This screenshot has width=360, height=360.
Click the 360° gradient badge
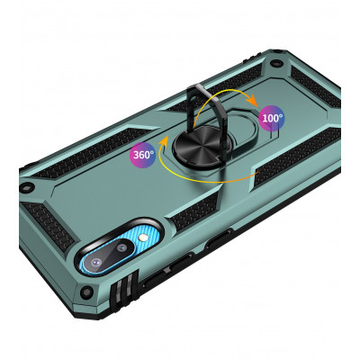click(x=142, y=155)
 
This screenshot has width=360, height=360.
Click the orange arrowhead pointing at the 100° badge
click(x=253, y=101)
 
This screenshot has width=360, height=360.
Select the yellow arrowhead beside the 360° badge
click(x=163, y=140)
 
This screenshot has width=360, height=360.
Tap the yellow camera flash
click(x=141, y=239)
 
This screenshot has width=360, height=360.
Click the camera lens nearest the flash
click(x=121, y=248)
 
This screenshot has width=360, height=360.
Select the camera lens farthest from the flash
click(x=96, y=263)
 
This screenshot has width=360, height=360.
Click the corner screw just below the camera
click(x=86, y=291)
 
